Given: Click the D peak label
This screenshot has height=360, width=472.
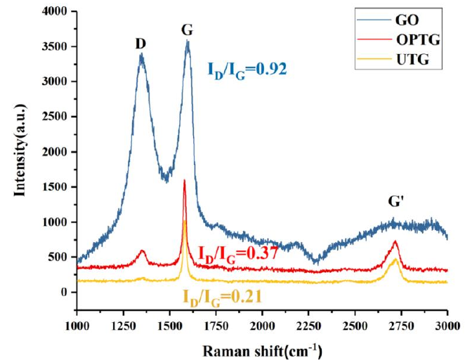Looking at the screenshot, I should click(140, 44).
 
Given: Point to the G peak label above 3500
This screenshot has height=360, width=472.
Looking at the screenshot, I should click(187, 29).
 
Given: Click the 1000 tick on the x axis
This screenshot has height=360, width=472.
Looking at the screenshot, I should click(76, 325).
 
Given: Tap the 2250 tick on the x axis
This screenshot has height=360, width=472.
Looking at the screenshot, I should click(309, 325).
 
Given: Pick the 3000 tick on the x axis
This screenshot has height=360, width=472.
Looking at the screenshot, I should click(447, 325).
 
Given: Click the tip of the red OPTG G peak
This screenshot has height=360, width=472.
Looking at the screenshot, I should click(184, 181).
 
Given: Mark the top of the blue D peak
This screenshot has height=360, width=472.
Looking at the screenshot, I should click(141, 55).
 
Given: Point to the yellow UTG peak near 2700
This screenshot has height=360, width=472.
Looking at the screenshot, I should click(395, 259).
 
